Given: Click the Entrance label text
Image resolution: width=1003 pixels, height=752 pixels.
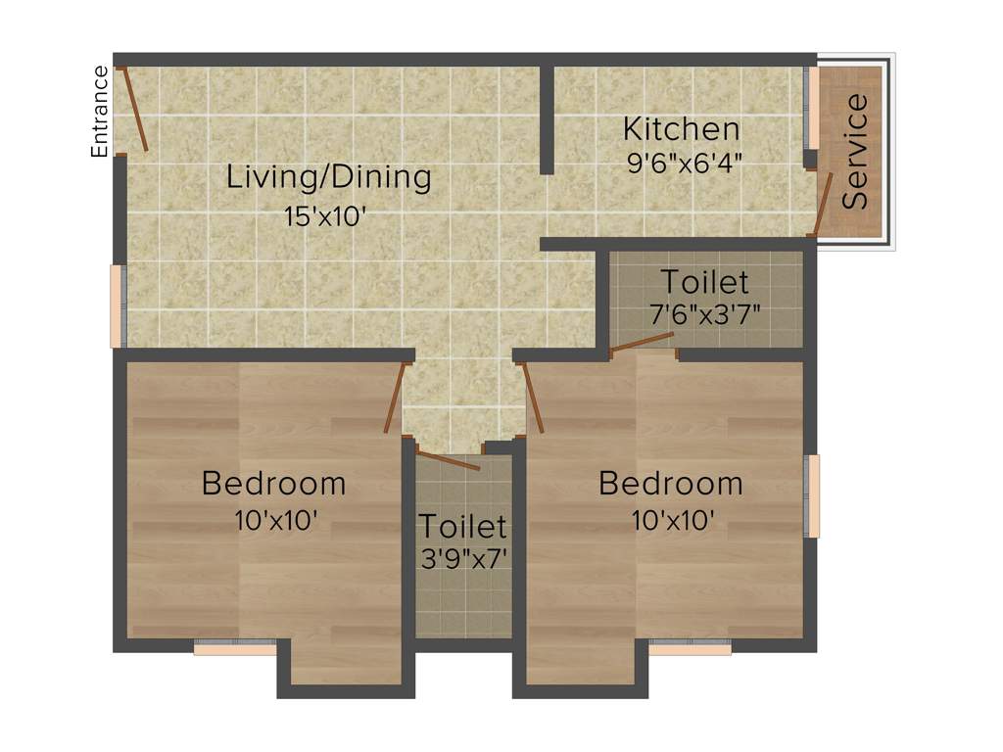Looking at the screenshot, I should click(99, 112).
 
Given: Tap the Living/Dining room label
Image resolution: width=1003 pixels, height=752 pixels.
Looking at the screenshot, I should click(329, 177).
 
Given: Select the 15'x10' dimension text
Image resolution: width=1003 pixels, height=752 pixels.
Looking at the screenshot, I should click(325, 216).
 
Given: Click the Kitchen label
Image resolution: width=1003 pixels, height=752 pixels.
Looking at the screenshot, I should click(682, 128).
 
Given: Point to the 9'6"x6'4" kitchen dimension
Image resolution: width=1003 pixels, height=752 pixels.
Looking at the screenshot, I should click(684, 162).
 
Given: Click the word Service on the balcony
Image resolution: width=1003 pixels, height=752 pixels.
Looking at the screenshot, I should click(855, 150).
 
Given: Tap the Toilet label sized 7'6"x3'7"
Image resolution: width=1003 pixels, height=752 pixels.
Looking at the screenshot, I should click(704, 282).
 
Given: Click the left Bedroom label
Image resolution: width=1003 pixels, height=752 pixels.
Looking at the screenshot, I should click(274, 483).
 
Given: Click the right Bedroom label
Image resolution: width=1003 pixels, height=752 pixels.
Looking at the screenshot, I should click(671, 483).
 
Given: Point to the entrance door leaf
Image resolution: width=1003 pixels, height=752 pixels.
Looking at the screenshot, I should click(134, 109).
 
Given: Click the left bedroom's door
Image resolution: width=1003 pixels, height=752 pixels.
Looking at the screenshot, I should click(394, 398).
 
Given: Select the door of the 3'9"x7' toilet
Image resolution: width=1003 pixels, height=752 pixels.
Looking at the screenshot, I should click(448, 459).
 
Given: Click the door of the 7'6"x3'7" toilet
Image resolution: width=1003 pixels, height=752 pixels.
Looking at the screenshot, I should click(642, 341).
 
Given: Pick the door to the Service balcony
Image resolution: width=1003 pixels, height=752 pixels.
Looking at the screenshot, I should click(823, 205).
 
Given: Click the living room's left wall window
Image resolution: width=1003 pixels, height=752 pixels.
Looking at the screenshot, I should click(116, 305).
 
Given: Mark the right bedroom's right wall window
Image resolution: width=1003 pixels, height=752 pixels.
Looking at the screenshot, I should click(812, 495).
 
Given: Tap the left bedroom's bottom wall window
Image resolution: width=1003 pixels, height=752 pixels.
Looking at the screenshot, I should click(235, 647).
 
